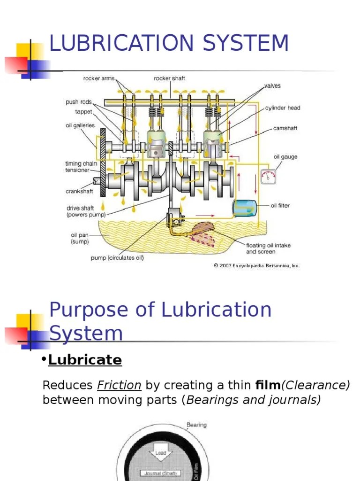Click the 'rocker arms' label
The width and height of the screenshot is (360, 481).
click(98, 78)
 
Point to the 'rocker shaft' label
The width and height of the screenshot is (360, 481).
click(169, 78)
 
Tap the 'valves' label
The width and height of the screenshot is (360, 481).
click(272, 86)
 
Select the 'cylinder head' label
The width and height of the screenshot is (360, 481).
click(283, 108)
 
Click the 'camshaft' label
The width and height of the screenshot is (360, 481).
click(285, 128)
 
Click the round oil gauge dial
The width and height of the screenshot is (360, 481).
click(268, 177)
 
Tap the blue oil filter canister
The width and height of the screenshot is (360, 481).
click(245, 208)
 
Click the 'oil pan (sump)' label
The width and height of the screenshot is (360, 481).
click(79, 238)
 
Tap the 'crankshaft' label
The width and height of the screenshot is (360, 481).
click(79, 191)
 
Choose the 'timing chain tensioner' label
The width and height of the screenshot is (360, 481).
click(80, 167)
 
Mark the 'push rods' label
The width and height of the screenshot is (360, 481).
click(78, 102)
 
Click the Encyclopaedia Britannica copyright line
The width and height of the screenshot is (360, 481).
click(256, 265)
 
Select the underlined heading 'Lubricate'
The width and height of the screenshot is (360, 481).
click(85, 360)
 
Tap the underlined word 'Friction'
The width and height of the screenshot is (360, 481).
click(119, 386)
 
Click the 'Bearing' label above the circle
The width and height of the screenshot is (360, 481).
click(196, 425)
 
